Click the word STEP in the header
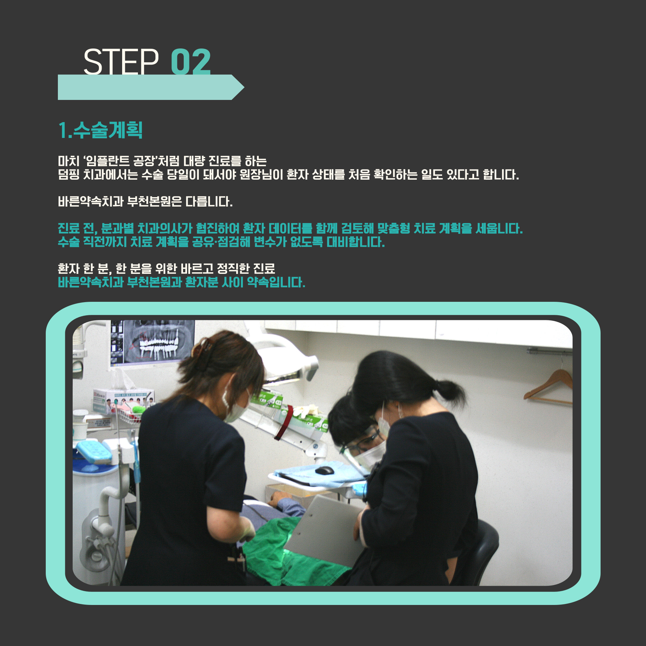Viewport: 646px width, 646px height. point(121,62)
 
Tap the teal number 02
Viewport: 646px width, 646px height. point(191,62)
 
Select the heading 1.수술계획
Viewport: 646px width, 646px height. point(100,130)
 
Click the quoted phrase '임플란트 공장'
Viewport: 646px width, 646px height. point(120,161)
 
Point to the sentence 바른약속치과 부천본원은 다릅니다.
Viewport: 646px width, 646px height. point(145,202)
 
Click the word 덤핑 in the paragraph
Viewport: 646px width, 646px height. point(69,175)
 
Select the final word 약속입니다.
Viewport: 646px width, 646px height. point(276,282)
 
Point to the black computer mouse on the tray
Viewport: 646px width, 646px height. point(324,470)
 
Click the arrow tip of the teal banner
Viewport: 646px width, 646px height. point(244,87)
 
